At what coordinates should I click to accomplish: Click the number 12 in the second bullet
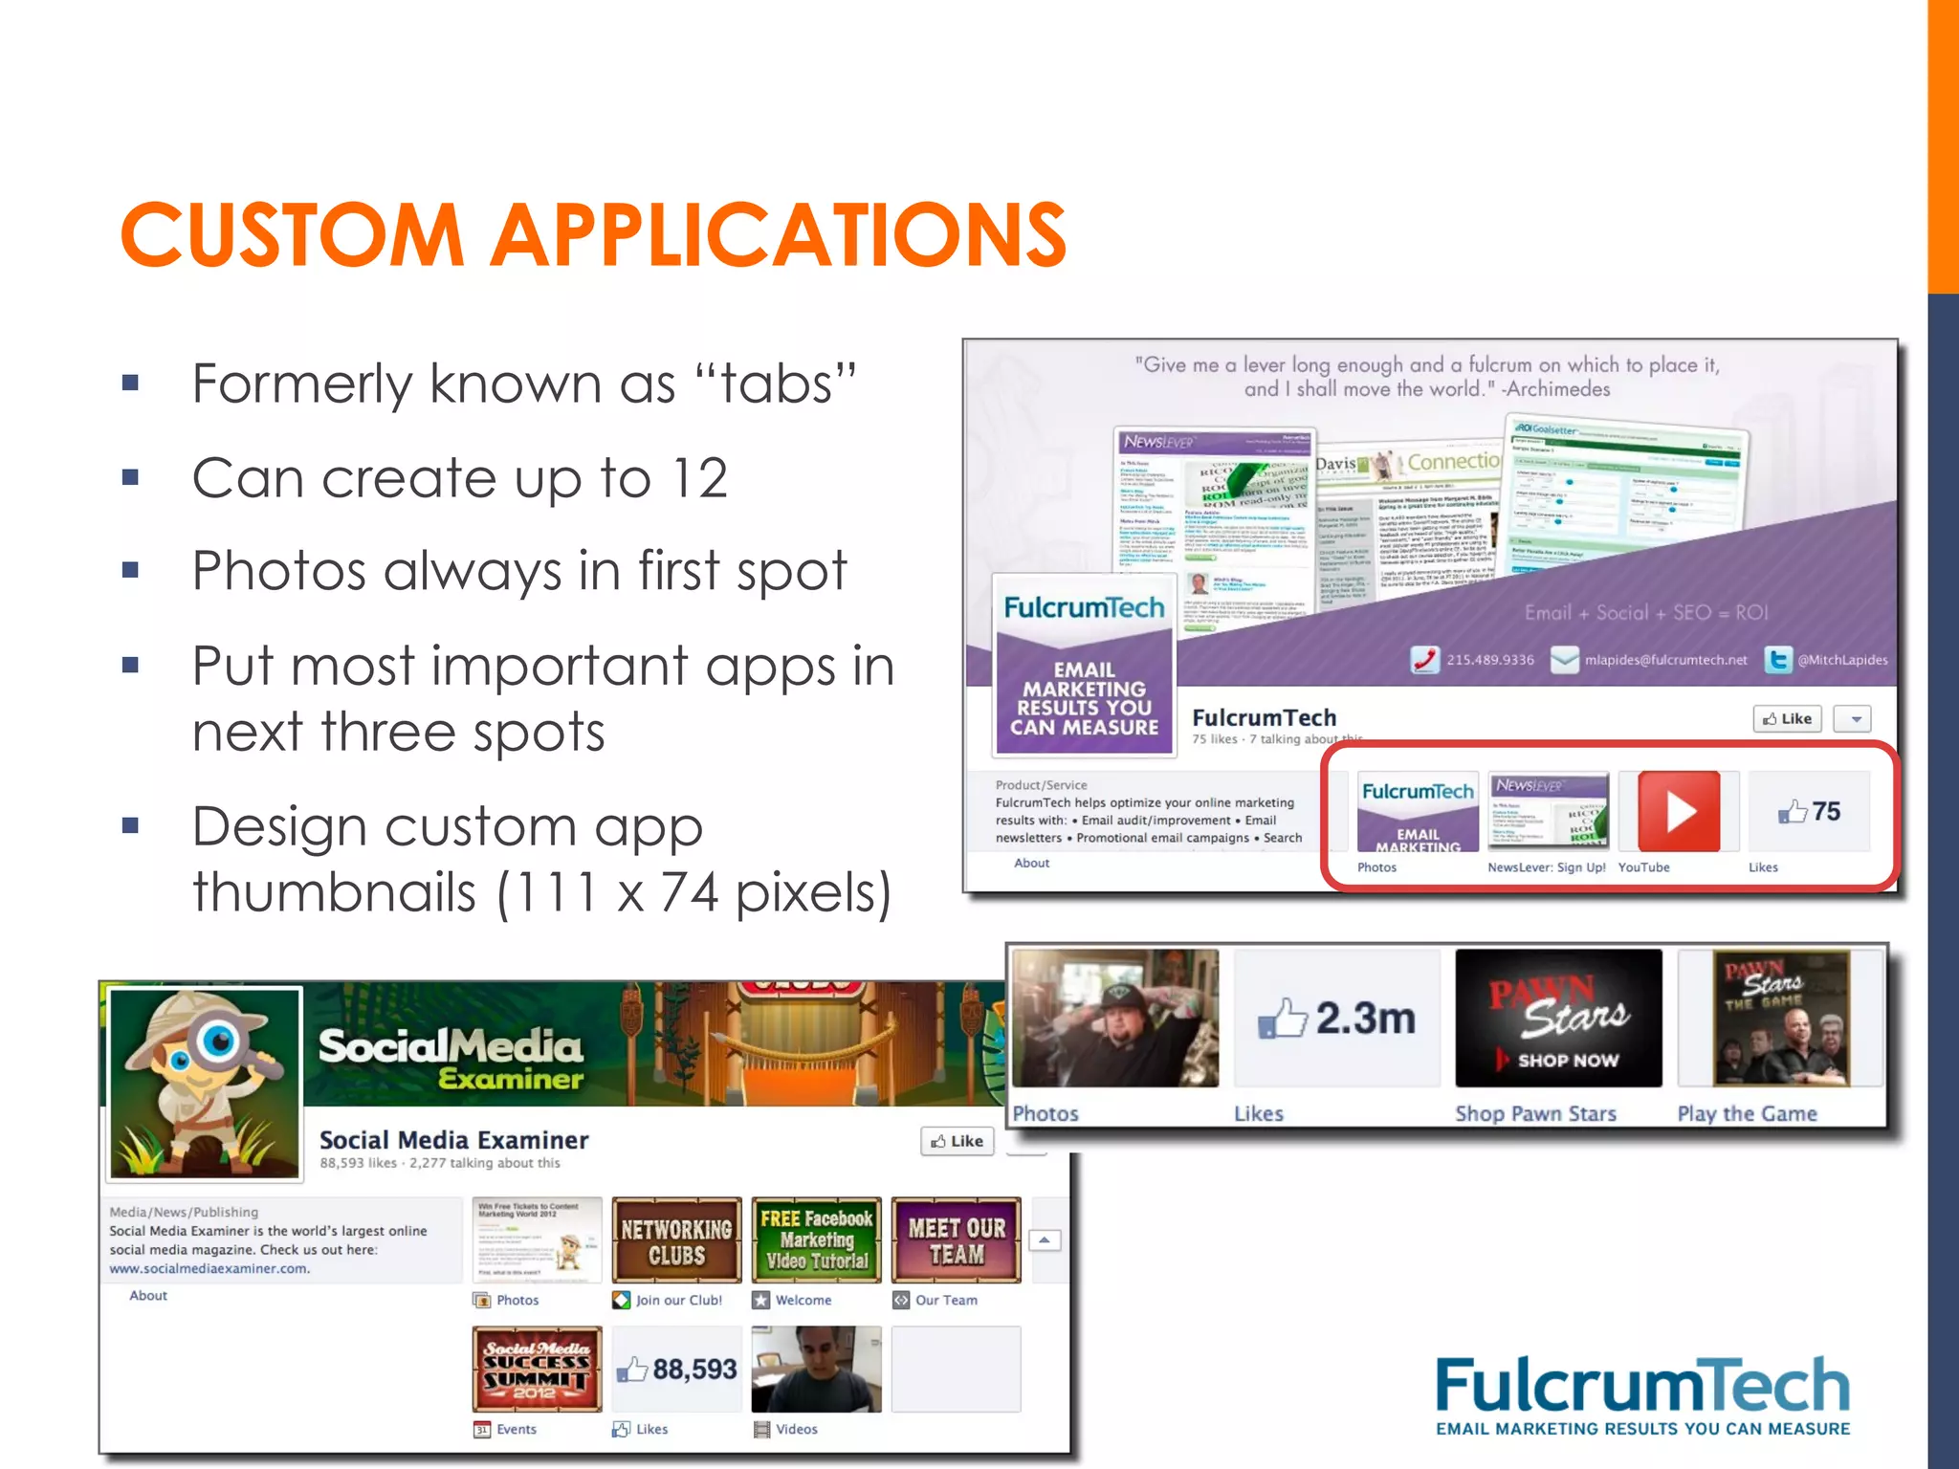pos(699,478)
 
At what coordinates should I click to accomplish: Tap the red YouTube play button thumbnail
pos(1679,812)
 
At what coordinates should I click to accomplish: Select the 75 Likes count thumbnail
pos(1809,812)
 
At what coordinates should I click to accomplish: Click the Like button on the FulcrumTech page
pos(1787,719)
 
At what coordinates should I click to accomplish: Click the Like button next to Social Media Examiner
pos(957,1141)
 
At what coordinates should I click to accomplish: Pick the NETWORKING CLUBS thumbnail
pos(676,1240)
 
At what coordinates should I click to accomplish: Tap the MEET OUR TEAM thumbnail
pos(957,1240)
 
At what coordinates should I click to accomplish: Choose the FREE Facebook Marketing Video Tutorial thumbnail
pos(816,1240)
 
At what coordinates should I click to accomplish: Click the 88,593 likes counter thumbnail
pos(676,1370)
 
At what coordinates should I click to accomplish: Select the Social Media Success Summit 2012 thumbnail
pos(537,1370)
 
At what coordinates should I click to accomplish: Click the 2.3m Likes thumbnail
pos(1336,1019)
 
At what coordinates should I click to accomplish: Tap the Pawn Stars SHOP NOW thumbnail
pos(1558,1019)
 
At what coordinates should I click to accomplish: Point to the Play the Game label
pos(1747,1114)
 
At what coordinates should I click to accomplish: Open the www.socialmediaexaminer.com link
pos(209,1269)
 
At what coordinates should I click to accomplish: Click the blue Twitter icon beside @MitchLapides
pos(1777,660)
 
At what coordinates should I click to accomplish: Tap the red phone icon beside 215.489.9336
pos(1424,660)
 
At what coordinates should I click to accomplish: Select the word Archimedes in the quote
pos(1560,389)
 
